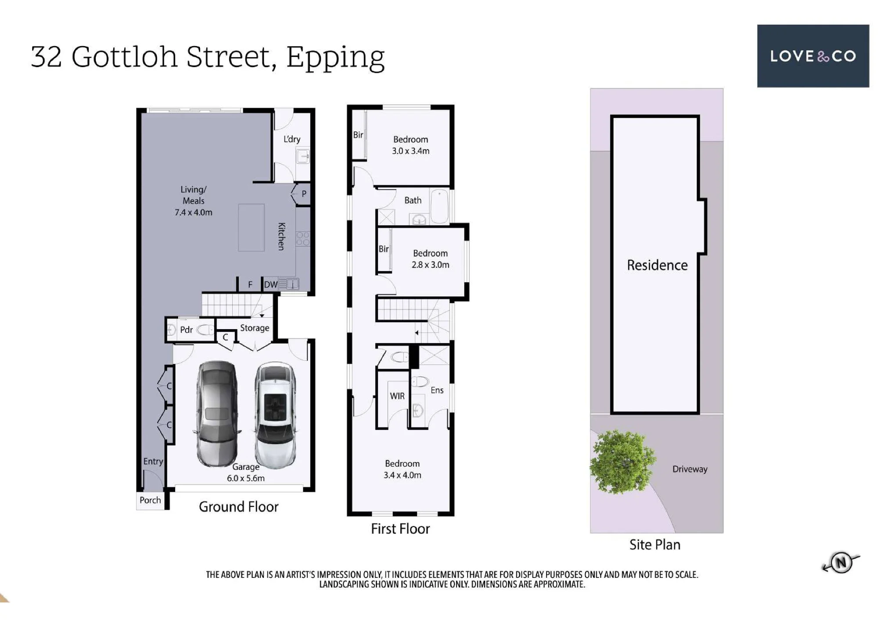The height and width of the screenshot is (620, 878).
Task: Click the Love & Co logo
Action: tap(813, 56)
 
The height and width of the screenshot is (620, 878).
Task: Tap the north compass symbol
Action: tap(841, 562)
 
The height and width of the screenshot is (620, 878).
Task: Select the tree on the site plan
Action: tap(623, 462)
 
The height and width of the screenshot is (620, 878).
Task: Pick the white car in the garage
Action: tap(275, 415)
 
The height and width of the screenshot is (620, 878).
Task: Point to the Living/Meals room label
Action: tap(193, 201)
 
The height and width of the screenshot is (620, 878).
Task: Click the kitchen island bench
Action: tap(251, 227)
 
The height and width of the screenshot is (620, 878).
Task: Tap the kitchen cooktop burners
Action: tap(303, 239)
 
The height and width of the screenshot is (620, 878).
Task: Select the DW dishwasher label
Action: tap(270, 284)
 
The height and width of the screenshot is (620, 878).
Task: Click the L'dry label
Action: tap(292, 139)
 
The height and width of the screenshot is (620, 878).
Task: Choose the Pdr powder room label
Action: tap(186, 330)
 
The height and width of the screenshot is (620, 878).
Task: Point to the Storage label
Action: tap(255, 328)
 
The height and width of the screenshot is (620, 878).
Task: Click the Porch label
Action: tap(150, 500)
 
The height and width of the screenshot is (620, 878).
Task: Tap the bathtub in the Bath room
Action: tap(439, 206)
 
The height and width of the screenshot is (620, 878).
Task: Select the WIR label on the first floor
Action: tap(397, 396)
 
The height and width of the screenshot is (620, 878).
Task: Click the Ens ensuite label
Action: tap(437, 390)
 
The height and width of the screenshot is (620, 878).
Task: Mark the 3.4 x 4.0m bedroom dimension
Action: tap(402, 475)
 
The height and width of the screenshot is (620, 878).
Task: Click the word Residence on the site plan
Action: tap(657, 265)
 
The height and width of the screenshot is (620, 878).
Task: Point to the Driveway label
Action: tap(690, 469)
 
